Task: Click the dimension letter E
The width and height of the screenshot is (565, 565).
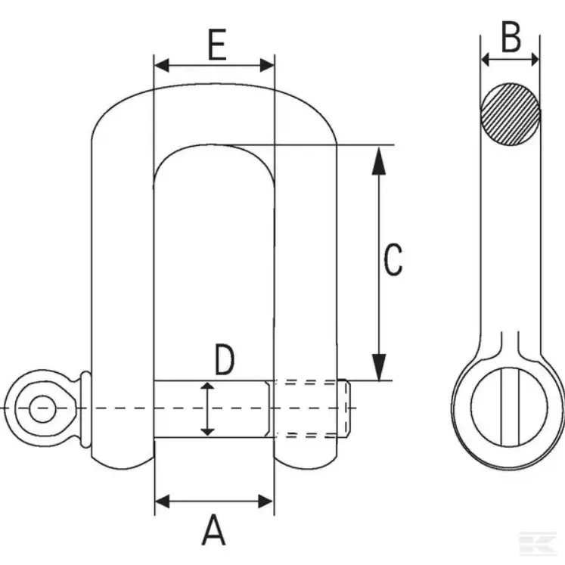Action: [217, 45]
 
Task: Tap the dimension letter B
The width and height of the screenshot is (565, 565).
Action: [511, 37]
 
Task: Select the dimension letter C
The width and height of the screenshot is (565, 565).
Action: [393, 259]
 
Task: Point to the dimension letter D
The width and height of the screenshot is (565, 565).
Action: [224, 359]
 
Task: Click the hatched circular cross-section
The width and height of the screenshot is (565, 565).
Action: [511, 114]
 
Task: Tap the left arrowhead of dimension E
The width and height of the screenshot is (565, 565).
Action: [161, 66]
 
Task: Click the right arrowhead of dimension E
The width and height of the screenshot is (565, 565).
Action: [267, 66]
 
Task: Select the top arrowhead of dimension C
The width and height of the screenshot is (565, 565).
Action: [379, 160]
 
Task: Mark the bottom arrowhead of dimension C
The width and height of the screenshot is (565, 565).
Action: [379, 367]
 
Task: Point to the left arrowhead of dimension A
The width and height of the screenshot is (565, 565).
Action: [162, 501]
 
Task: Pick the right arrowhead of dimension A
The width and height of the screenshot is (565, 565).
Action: [266, 501]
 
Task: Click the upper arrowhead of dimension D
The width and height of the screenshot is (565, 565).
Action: [207, 386]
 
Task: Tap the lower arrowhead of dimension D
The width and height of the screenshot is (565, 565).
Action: [207, 432]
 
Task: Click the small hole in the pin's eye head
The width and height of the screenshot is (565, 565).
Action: [42, 408]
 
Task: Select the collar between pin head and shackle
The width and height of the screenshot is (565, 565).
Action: [85, 409]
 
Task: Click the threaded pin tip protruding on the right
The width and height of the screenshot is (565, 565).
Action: [343, 408]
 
